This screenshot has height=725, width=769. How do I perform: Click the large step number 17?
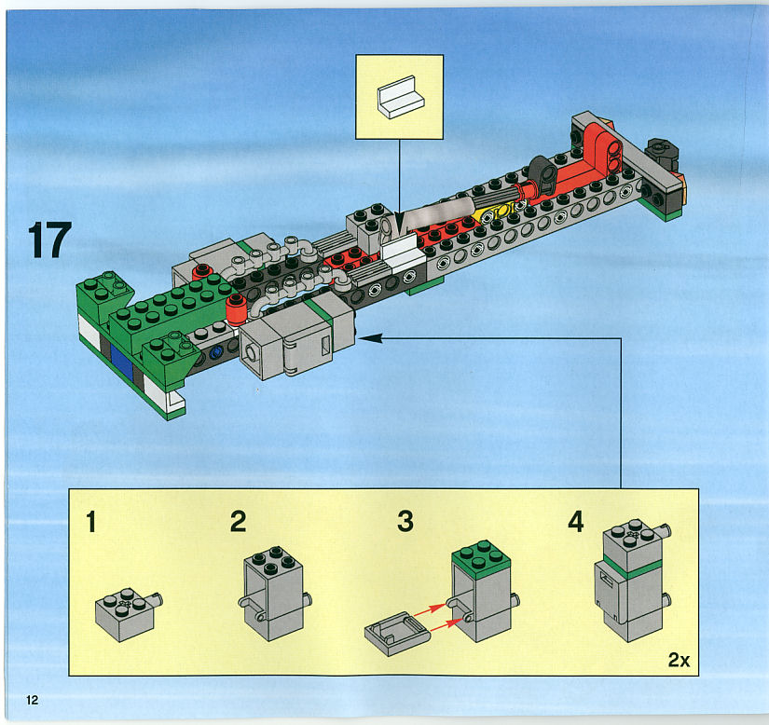click(x=50, y=239)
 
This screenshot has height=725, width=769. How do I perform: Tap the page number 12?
click(x=33, y=700)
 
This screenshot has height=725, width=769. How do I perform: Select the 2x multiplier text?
click(x=679, y=660)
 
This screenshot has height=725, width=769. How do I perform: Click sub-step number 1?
click(x=91, y=522)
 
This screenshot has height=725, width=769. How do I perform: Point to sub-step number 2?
click(x=239, y=521)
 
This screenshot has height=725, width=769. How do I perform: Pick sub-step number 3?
click(x=405, y=521)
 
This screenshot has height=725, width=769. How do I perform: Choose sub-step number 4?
click(x=576, y=521)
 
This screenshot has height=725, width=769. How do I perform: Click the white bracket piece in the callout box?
click(x=401, y=97)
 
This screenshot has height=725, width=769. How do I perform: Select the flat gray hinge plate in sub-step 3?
click(x=397, y=634)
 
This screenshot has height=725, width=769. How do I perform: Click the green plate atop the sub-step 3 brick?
click(x=481, y=554)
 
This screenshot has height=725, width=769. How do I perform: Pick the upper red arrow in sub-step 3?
click(x=430, y=609)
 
